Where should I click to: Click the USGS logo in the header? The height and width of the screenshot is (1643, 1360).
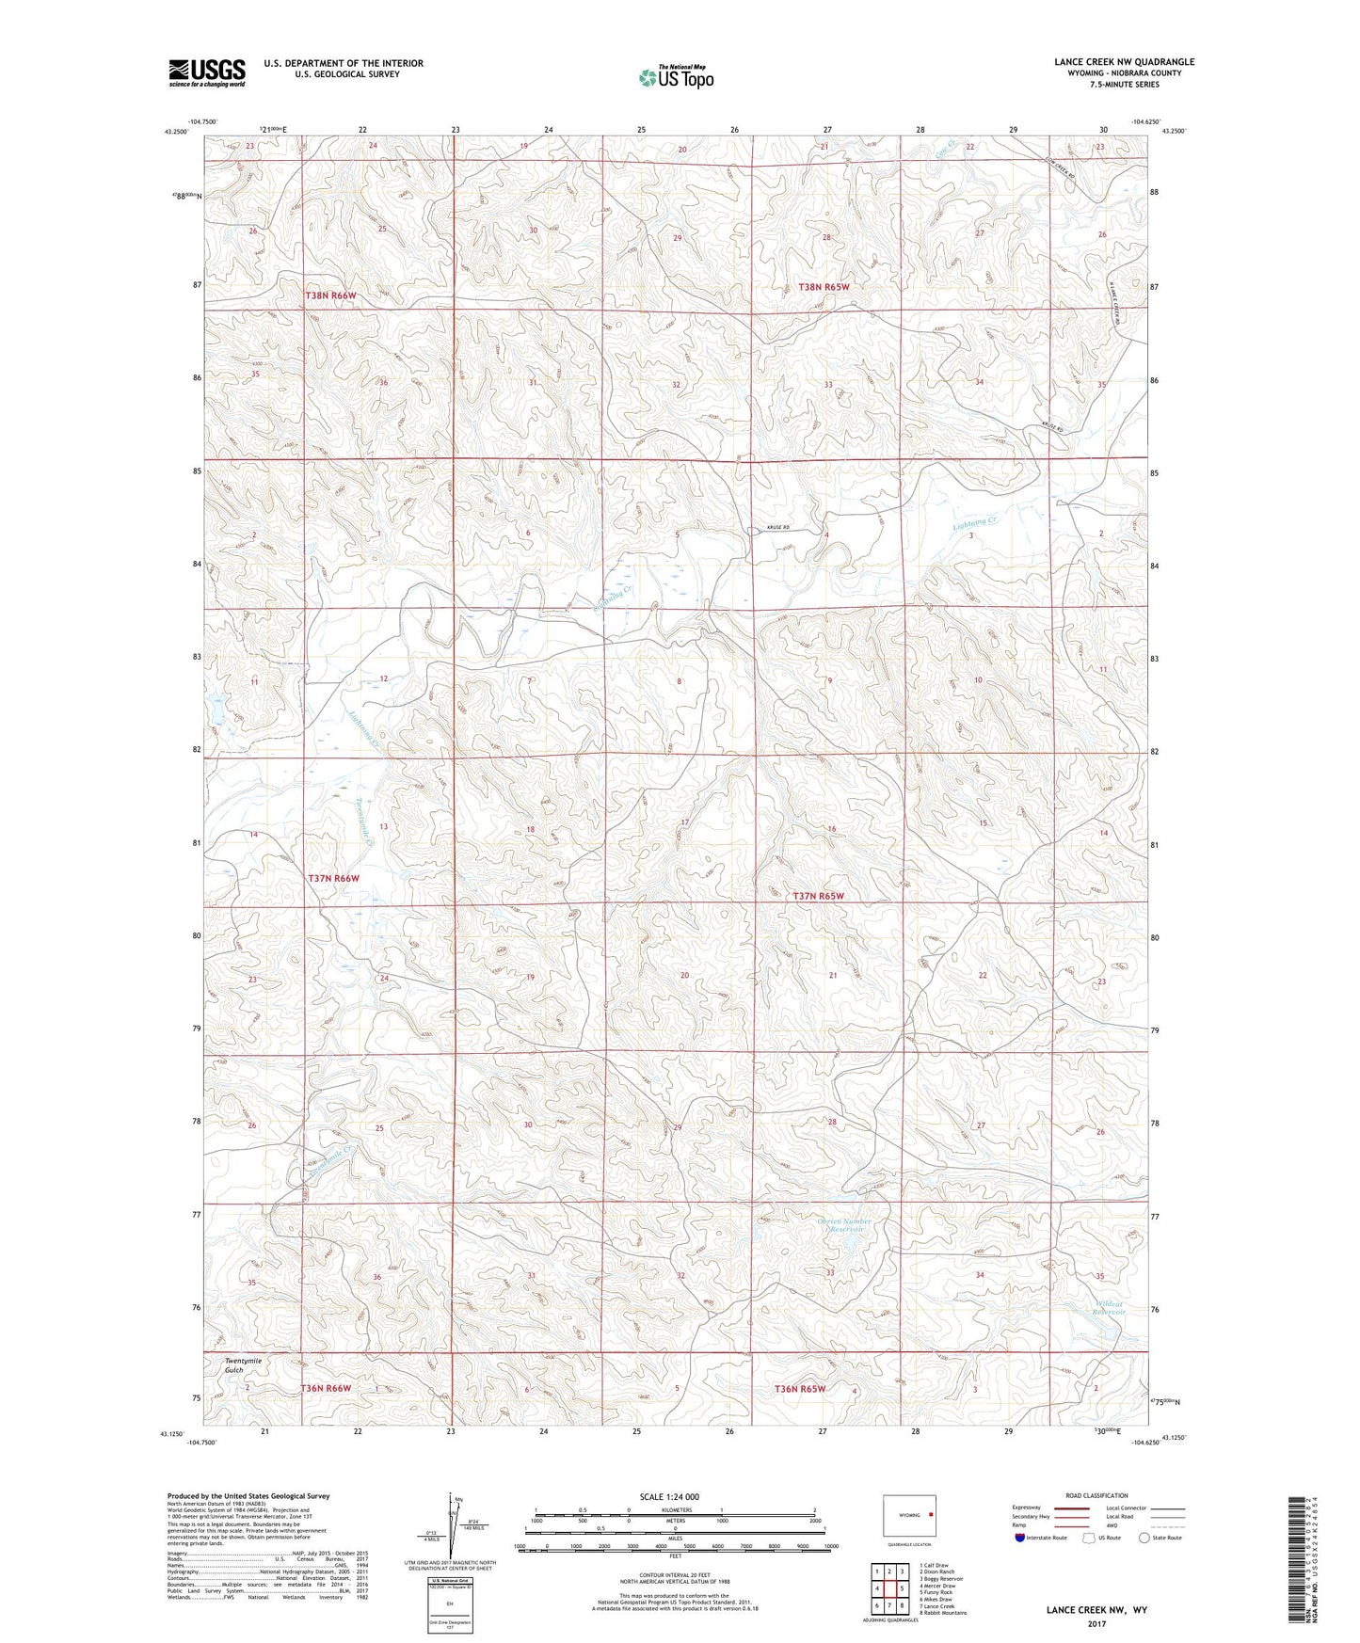coord(206,72)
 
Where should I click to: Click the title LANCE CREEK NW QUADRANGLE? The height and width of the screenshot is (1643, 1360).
coord(1124,62)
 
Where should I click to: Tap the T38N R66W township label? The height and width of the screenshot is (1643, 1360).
coord(331,295)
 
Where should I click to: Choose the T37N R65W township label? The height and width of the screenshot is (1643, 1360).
coord(818,896)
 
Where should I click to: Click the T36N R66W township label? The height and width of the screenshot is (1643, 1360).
coord(326,1388)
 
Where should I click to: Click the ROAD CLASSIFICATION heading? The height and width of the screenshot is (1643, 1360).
coord(1096,1495)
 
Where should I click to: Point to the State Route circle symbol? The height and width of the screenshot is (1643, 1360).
coord(1144,1539)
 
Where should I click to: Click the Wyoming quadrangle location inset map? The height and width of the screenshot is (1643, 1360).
coord(909,1516)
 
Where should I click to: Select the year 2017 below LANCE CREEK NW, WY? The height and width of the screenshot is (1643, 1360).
coord(1096,1623)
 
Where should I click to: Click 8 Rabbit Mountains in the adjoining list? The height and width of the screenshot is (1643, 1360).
coord(942,1613)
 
